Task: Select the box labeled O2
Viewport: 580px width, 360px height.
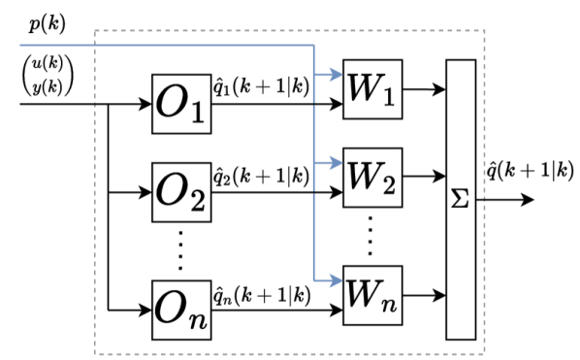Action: click(x=181, y=192)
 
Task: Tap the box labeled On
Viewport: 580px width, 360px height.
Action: click(x=181, y=310)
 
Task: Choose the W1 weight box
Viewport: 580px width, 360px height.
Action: click(x=372, y=89)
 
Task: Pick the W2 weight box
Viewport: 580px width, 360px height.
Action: click(x=372, y=179)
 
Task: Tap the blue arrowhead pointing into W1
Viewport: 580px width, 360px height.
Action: click(x=339, y=74)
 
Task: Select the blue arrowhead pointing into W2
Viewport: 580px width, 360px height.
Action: click(x=339, y=163)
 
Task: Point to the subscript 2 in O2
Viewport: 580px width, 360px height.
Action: click(x=197, y=201)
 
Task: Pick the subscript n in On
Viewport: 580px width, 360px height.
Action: click(x=198, y=318)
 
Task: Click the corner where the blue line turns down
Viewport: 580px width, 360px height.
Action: click(x=315, y=45)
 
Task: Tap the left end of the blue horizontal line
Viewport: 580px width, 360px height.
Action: click(x=21, y=45)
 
